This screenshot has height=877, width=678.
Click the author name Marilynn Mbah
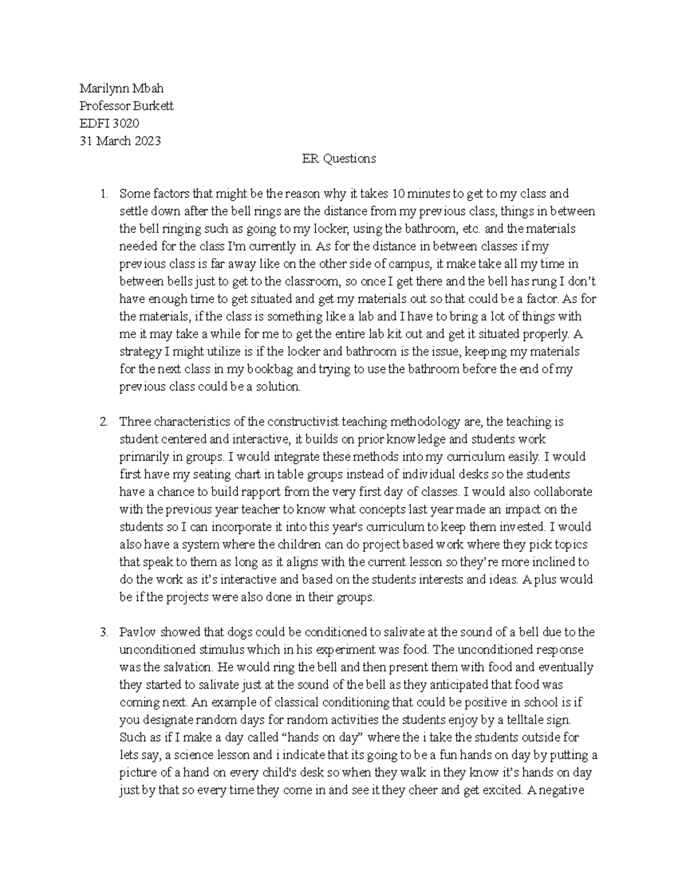[x=121, y=88]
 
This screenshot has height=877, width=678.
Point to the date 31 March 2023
[x=120, y=141]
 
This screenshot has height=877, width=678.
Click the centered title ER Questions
[x=339, y=159]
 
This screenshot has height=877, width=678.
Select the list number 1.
[x=103, y=194]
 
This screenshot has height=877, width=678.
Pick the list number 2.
[x=103, y=422]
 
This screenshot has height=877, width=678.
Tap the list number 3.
[x=103, y=632]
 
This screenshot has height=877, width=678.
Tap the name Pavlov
[x=133, y=632]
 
